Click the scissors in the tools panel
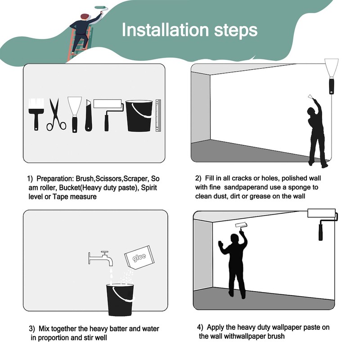click(x=56, y=115)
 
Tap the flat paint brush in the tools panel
click(x=36, y=114)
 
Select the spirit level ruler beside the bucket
click(x=158, y=116)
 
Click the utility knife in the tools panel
click(x=88, y=116)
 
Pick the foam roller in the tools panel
click(x=108, y=115)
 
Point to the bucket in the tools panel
click(x=139, y=116)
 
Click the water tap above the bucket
click(x=101, y=258)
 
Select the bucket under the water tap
click(x=120, y=300)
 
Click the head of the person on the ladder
click(x=85, y=17)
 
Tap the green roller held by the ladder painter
click(x=101, y=8)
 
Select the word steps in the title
click(x=236, y=30)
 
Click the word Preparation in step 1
click(x=54, y=179)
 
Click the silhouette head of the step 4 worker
click(x=234, y=239)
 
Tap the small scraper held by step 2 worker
click(x=310, y=96)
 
